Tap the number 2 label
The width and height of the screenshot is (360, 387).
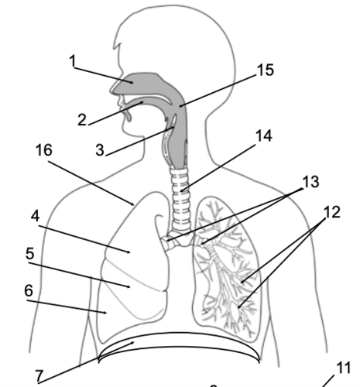pos(81,120)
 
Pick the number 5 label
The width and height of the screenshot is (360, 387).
pos(29,253)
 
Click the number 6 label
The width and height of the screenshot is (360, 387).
pos(29,290)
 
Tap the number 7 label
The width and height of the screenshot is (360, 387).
pos(40,375)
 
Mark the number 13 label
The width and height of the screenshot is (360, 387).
pos(310,183)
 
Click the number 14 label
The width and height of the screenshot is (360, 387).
pos(264,136)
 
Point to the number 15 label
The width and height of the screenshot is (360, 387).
pos(266,70)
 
